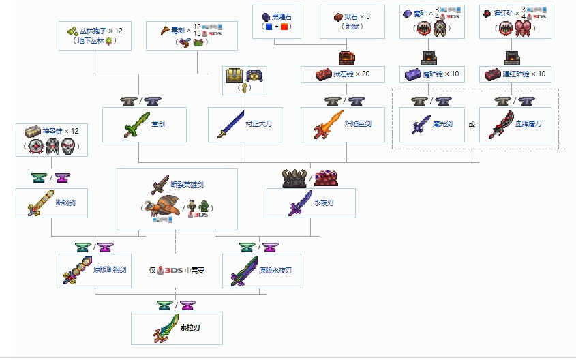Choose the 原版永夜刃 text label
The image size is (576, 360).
(x=275, y=270)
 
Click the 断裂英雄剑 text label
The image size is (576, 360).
(x=187, y=184)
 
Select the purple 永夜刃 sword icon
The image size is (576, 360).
(x=301, y=203)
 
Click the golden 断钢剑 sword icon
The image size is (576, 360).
(x=40, y=203)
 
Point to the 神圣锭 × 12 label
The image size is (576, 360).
(x=61, y=131)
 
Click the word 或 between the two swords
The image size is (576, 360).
(x=472, y=125)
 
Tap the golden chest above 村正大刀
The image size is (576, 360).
(x=234, y=76)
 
